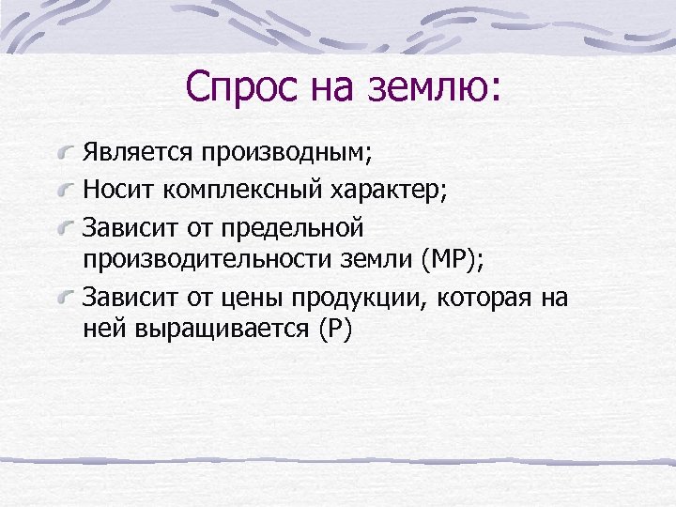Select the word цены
(252, 299)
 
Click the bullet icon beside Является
(66, 152)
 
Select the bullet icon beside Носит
(66, 192)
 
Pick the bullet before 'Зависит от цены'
(66, 300)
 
